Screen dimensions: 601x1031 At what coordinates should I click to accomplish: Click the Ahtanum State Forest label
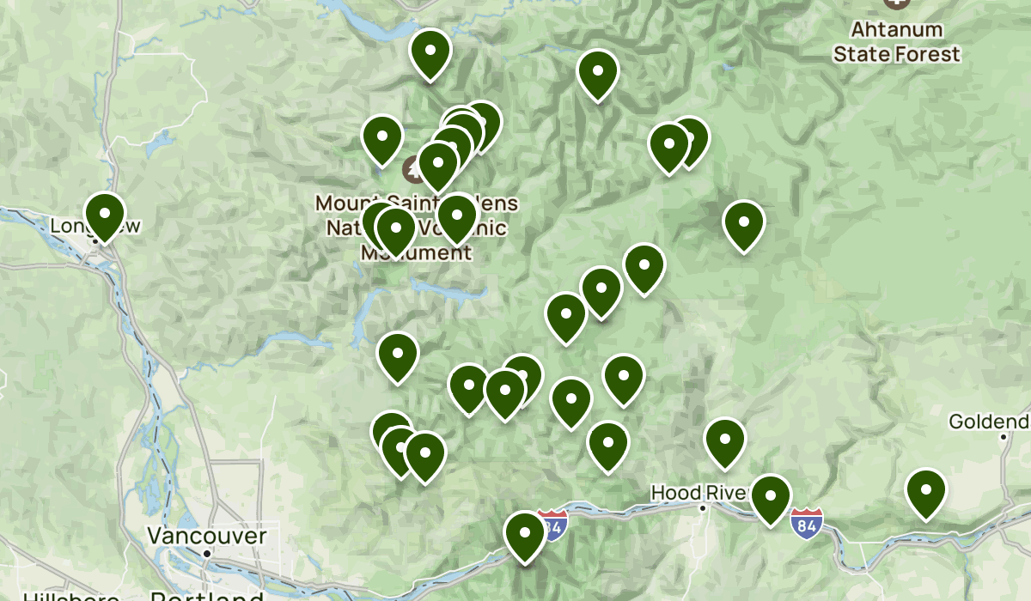tap(896, 42)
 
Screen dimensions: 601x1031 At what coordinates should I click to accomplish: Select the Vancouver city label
tap(206, 537)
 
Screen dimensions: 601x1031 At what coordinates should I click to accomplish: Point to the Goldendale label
tap(988, 422)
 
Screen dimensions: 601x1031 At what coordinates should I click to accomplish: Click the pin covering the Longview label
tap(104, 216)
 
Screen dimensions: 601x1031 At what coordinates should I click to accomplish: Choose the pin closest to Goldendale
tap(925, 492)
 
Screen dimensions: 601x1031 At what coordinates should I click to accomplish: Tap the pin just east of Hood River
tap(770, 498)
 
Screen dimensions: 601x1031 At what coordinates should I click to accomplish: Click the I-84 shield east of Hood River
tap(807, 522)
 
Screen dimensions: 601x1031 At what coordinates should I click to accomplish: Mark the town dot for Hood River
tap(702, 508)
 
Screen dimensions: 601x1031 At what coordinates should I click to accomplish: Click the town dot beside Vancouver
tap(207, 554)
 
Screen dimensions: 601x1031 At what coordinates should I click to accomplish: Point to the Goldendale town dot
tap(1003, 437)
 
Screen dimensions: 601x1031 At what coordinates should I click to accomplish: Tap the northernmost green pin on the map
tap(430, 53)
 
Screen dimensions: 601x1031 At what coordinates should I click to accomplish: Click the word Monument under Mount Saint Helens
tap(416, 253)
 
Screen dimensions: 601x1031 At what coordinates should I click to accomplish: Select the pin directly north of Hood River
tap(724, 441)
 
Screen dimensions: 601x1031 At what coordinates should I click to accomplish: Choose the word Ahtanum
tap(896, 30)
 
